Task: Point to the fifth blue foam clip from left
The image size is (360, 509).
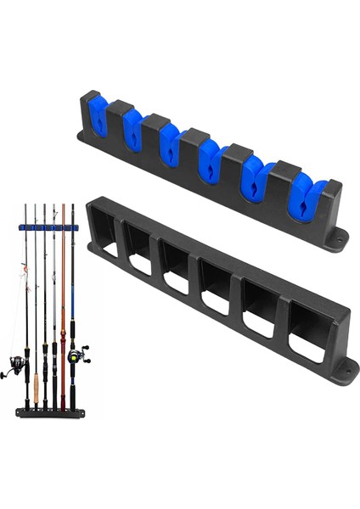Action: click(254, 178)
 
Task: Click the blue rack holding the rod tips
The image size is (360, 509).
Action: click(48, 227)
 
